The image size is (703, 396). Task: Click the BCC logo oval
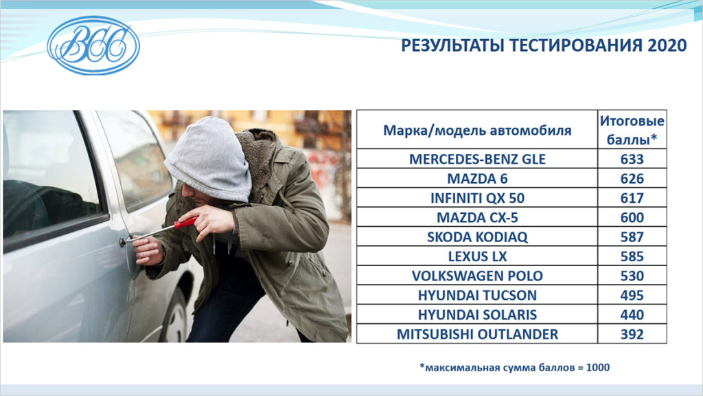point(93,45)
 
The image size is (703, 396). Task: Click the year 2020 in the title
point(667,45)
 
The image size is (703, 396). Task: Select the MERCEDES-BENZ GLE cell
point(477,159)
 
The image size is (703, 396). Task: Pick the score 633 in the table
point(632,159)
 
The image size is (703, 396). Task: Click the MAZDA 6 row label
point(477,179)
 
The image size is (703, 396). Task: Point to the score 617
point(632,198)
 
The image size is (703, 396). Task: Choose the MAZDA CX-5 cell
point(477,217)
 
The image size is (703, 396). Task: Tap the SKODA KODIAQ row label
point(477,236)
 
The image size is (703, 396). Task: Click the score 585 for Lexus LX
point(632,256)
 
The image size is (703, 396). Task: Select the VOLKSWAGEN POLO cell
point(477,276)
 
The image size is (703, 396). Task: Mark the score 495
point(632,295)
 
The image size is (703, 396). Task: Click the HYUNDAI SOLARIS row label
point(477,315)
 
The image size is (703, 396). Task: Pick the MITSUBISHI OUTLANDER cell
point(477,334)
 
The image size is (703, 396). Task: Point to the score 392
point(632,334)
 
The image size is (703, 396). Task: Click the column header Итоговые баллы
point(632,130)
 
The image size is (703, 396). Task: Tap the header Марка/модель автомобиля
point(477,131)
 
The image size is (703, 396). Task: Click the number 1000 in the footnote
point(598,367)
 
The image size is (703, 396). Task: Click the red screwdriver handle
point(186,222)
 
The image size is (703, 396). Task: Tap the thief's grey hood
point(209,159)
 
